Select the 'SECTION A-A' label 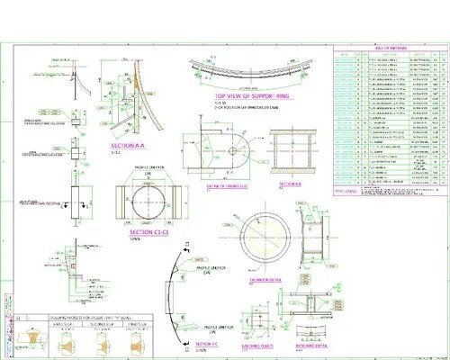(125, 144)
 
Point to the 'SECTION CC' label (206, 344)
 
